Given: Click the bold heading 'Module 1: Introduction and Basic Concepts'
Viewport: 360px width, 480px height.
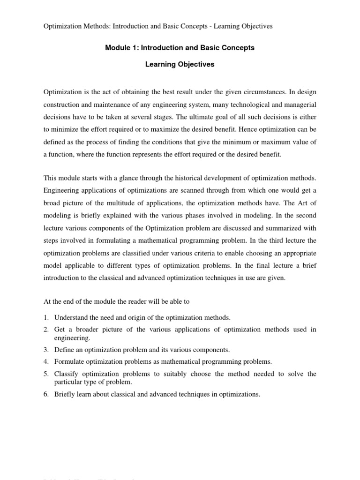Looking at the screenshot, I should coord(180,48).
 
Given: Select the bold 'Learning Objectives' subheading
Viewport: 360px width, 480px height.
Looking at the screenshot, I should coord(180,65).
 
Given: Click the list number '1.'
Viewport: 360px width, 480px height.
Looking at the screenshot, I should coord(46,318).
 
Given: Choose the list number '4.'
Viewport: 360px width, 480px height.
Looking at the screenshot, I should coord(46,361).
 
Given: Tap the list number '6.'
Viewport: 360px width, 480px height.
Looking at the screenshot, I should coord(46,394).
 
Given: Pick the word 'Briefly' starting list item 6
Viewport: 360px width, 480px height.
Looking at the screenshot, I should coord(65,394).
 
